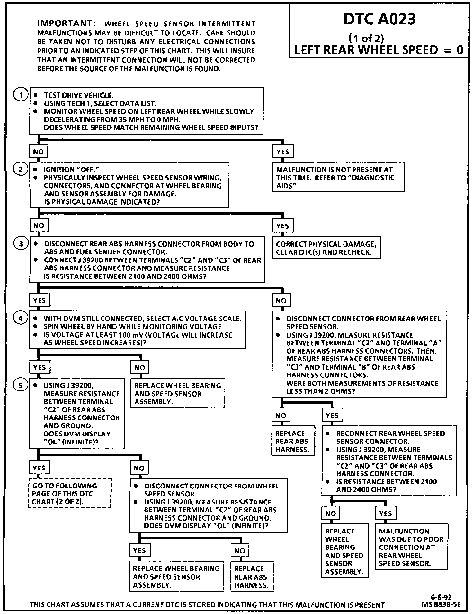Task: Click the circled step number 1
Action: click(x=21, y=95)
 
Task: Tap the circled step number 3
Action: click(x=21, y=244)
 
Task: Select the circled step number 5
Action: click(x=21, y=385)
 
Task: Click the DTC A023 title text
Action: click(x=379, y=19)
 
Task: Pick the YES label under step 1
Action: click(x=283, y=152)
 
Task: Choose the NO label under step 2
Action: click(x=39, y=226)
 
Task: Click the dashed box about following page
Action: click(x=69, y=494)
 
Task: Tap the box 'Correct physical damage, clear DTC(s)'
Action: click(x=326, y=248)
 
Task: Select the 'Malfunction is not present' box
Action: click(x=338, y=177)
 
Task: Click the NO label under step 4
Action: click(x=140, y=368)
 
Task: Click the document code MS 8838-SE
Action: click(x=441, y=604)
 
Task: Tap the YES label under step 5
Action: click(x=39, y=468)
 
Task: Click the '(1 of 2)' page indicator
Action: click(x=366, y=39)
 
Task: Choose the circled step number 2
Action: click(x=21, y=169)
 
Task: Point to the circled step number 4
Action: click(x=21, y=318)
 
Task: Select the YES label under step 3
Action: click(x=40, y=300)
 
